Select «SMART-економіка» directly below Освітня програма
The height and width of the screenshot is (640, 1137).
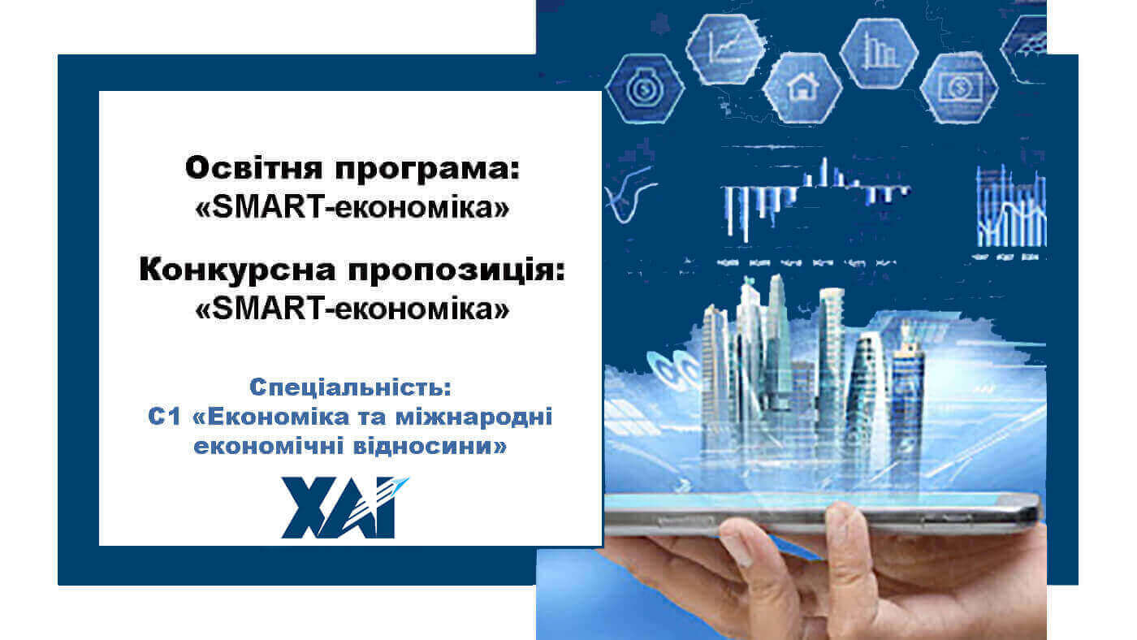pos(352,208)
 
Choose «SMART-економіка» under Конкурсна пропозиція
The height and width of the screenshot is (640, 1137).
pos(352,309)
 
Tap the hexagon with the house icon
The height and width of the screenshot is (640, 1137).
pos(802,88)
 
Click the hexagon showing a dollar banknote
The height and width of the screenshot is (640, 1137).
pos(958,87)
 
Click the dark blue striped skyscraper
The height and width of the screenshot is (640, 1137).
pos(907,382)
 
